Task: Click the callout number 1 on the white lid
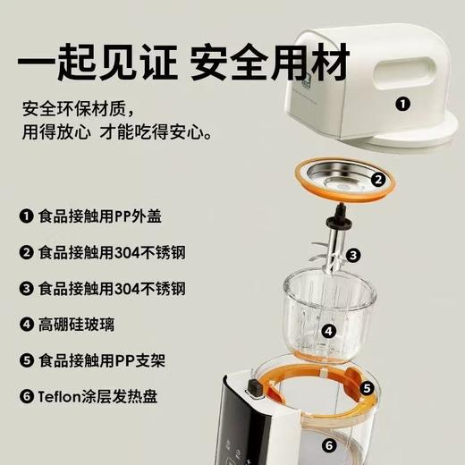click(403, 104)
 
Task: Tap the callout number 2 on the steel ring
click(379, 180)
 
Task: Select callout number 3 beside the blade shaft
click(354, 256)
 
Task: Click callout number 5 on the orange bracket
click(367, 388)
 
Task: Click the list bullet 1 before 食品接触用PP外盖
click(25, 216)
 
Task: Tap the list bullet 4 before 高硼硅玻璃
click(25, 325)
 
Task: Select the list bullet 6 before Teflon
click(25, 396)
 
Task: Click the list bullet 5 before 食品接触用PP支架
click(25, 360)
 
